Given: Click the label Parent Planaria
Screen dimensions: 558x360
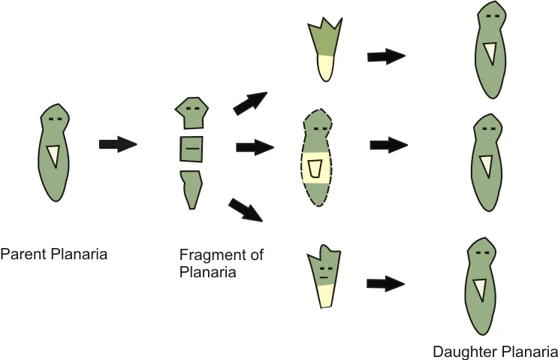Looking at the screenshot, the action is [x=54, y=255].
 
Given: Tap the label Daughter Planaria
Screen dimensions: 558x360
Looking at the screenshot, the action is [x=495, y=352].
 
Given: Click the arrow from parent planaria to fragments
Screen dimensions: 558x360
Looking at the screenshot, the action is [x=118, y=144].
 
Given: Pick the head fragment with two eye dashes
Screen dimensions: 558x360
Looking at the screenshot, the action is [x=192, y=113].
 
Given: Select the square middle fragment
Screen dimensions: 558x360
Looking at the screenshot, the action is [x=191, y=149].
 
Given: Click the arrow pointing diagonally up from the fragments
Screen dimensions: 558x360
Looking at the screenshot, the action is [x=250, y=103].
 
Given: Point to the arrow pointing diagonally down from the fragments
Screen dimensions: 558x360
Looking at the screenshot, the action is [x=246, y=210].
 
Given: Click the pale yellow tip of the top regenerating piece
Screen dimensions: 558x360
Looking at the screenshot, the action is [x=326, y=68].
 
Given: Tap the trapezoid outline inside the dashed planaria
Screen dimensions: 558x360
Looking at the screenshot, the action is [x=315, y=168].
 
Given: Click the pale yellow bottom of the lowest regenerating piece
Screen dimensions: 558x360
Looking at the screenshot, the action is [x=327, y=295].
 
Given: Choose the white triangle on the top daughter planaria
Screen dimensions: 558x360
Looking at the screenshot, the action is [x=490, y=53].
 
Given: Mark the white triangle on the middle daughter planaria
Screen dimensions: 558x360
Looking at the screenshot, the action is [x=487, y=166].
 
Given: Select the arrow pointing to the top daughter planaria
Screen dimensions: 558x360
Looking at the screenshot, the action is [x=386, y=56].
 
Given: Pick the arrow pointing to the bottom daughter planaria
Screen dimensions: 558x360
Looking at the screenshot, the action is [x=386, y=283].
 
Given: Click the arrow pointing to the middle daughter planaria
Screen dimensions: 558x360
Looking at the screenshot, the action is [x=389, y=145].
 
